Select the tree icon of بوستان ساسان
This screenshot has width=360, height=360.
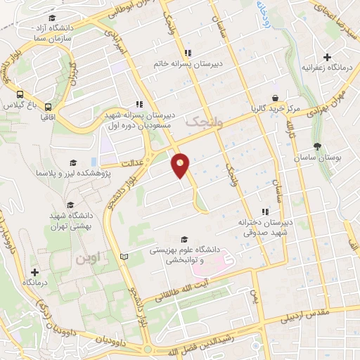point(318,147)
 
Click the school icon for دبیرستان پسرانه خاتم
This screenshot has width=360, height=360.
point(187,53)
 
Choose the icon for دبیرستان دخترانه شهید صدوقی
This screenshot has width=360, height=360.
point(265,211)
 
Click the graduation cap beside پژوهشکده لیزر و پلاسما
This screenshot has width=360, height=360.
point(70,163)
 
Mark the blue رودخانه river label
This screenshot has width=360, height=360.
point(262,11)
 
